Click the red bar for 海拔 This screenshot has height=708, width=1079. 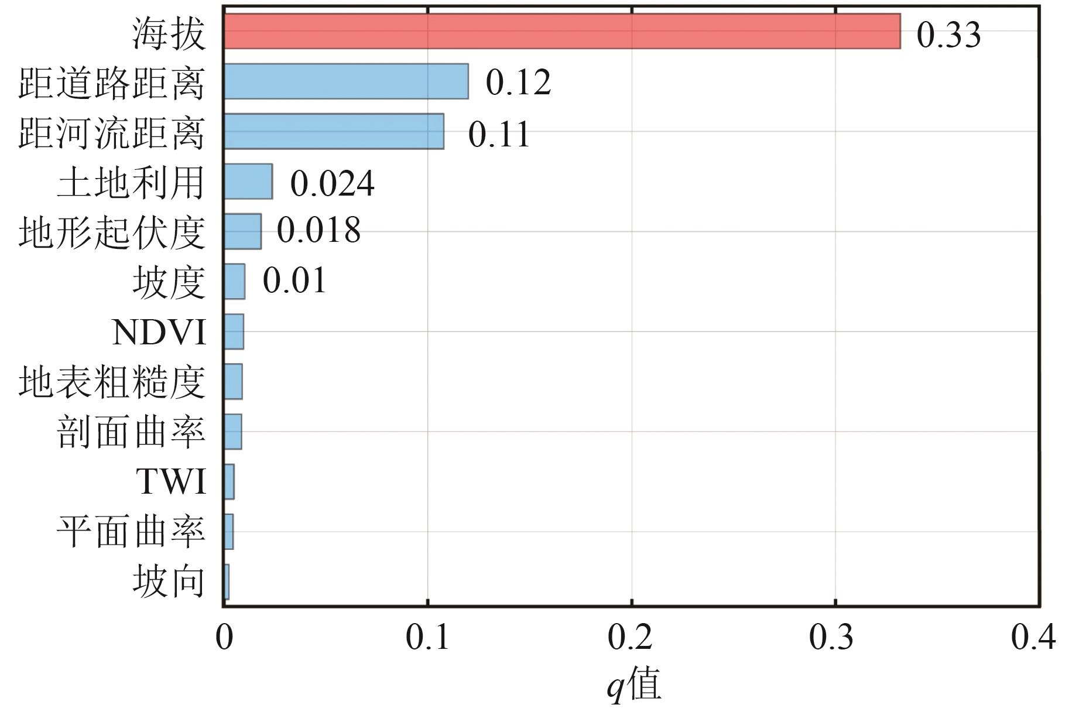[562, 32]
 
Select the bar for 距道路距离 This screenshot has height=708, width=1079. [346, 81]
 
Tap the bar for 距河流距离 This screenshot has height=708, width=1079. [334, 131]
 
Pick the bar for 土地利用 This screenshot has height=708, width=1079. [248, 182]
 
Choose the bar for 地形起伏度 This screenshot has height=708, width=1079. [242, 231]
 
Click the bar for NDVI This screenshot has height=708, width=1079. [234, 331]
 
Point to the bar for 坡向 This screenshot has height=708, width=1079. [227, 582]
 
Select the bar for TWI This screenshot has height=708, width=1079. [229, 481]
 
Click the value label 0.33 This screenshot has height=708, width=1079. [948, 34]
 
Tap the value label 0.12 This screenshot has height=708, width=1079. [518, 82]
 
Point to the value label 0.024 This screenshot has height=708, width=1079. [332, 183]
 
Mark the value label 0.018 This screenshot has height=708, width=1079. [318, 230]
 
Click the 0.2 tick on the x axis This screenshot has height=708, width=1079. [631, 637]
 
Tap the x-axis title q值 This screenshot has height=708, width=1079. [633, 683]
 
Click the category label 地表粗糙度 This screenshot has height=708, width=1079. [112, 382]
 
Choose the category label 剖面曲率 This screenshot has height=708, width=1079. [131, 432]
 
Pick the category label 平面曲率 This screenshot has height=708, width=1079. [131, 532]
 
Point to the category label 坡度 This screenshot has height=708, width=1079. [169, 282]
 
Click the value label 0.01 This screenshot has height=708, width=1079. [294, 281]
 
